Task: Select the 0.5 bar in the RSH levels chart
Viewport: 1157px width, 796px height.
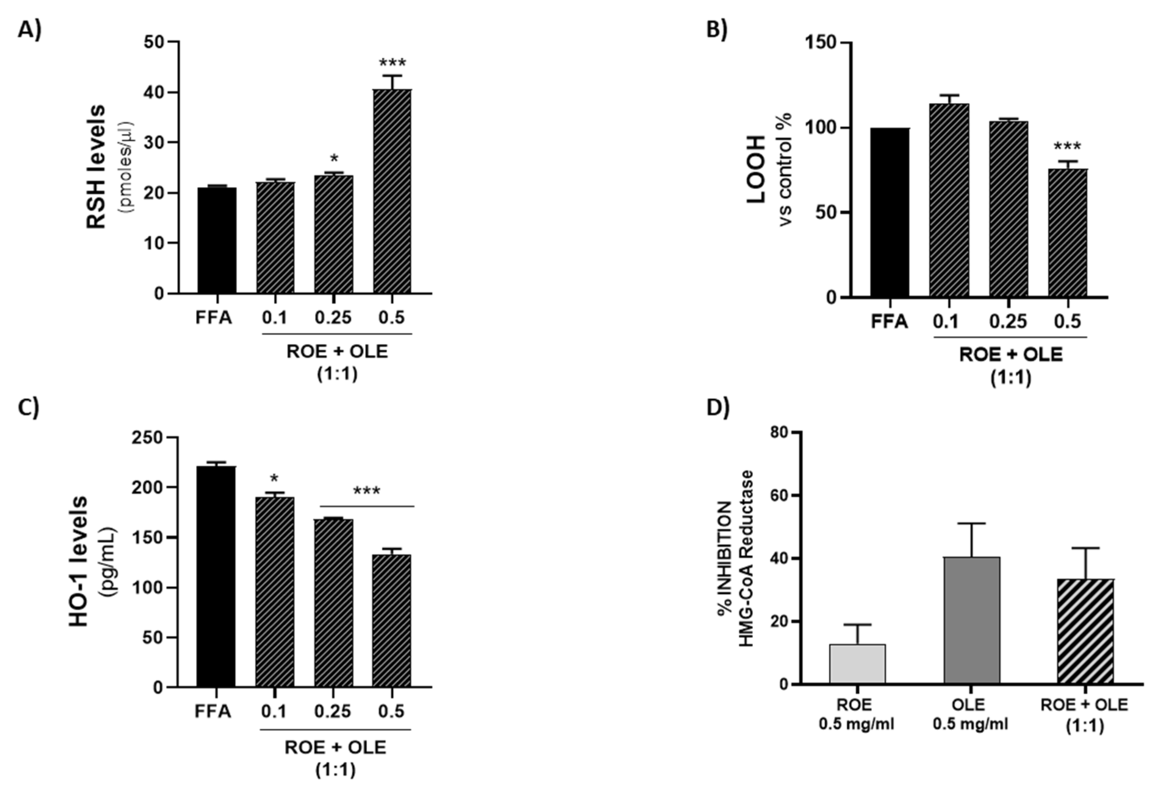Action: pyautogui.click(x=392, y=191)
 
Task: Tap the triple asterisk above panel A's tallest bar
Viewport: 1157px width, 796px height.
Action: pyautogui.click(x=392, y=63)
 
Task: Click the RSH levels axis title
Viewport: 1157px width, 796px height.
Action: pyautogui.click(x=96, y=166)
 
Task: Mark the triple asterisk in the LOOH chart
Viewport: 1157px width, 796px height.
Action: pyautogui.click(x=1067, y=147)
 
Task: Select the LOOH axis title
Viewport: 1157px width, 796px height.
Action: pyautogui.click(x=756, y=169)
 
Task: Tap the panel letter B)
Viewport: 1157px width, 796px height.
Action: pyautogui.click(x=717, y=29)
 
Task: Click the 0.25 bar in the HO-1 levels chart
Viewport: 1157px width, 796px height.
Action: pyautogui.click(x=333, y=603)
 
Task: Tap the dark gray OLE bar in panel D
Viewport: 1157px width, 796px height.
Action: pyautogui.click(x=971, y=620)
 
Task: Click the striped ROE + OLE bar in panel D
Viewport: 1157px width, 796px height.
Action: pyautogui.click(x=1085, y=631)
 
